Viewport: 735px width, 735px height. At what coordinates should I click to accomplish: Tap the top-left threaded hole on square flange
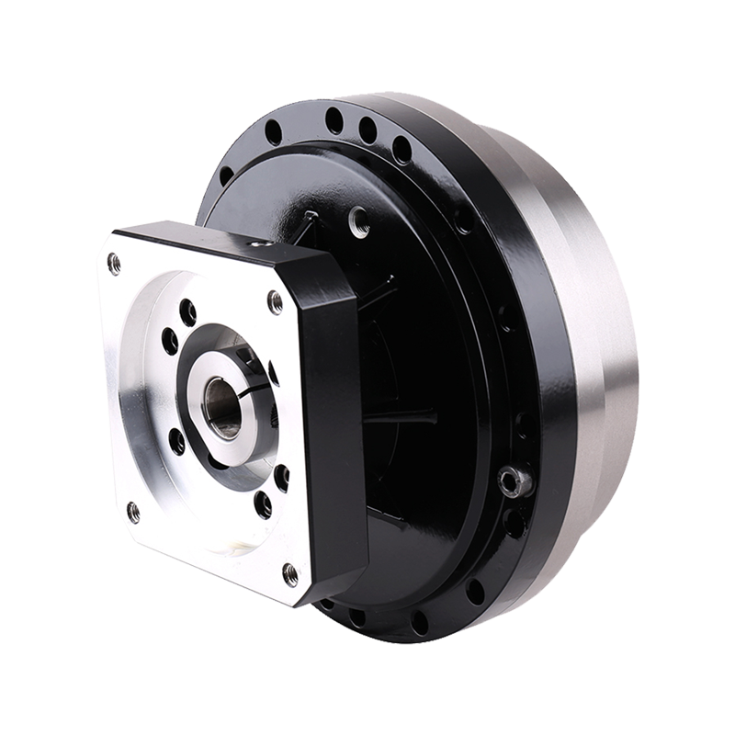[x=114, y=265]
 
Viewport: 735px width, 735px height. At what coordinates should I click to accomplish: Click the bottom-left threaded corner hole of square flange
[x=133, y=512]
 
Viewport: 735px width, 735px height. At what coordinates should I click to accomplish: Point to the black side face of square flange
[x=335, y=432]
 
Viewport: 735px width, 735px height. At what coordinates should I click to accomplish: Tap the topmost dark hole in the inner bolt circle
[x=187, y=312]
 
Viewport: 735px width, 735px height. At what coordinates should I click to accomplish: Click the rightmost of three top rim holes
[x=401, y=147]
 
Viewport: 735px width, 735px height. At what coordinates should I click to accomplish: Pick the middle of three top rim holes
[x=367, y=130]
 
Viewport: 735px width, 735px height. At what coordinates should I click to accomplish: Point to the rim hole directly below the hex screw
[x=512, y=522]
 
